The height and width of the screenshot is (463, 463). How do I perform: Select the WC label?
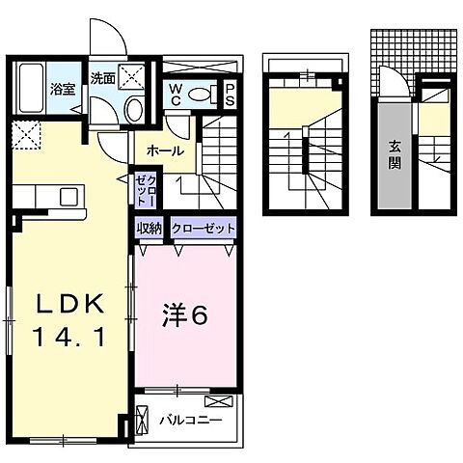point(178,93)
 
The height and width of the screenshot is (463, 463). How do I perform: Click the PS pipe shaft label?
point(231,94)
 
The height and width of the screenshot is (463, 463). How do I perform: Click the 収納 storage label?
point(149,229)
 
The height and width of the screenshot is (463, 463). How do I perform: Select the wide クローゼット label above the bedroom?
point(203,229)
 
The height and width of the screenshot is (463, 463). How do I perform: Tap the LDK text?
point(70,303)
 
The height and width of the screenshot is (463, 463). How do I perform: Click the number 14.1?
point(70,338)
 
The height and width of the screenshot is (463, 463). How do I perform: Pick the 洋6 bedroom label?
point(182,313)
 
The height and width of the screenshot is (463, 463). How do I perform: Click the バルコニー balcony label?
point(192,422)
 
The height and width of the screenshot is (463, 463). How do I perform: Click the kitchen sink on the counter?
point(69,196)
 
